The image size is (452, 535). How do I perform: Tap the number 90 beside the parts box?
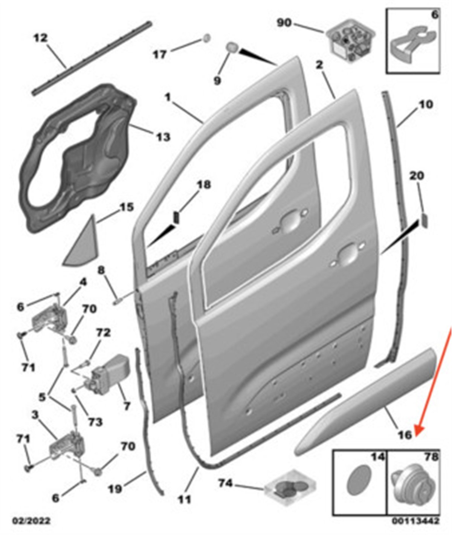coord(284,23)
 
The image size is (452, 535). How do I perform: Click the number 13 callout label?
coord(163,137)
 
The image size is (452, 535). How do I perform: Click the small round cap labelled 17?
coord(206,38)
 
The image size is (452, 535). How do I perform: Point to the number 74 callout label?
coord(225,484)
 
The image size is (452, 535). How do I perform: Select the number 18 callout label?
coord(204,185)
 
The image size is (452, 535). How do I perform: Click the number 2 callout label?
coord(319,65)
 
